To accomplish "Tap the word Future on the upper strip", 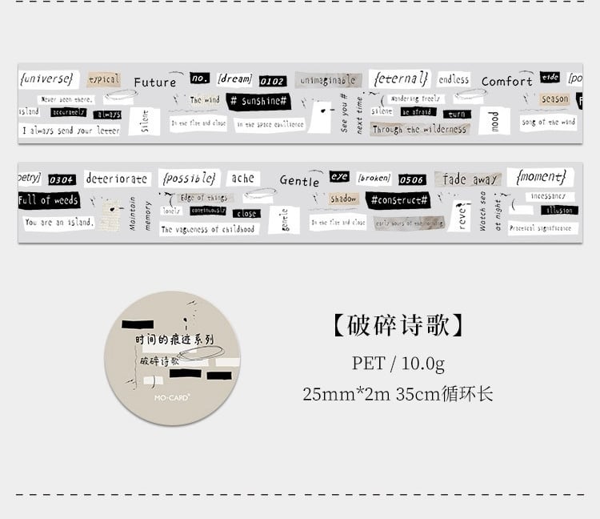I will pos(154,82).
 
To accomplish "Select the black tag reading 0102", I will pos(272,81).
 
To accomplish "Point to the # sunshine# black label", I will pos(258,102).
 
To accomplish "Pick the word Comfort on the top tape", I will pos(506,82).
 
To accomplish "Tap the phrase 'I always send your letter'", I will pos(70,130).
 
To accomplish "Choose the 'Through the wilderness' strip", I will pos(418,129).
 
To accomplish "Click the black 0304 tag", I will pos(62,179).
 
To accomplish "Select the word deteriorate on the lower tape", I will pos(117,179).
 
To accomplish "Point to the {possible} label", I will pos(189,177).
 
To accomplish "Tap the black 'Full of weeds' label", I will pos(49,200).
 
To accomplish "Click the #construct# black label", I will pos(398,199).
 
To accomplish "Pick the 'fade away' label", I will pos(470,179).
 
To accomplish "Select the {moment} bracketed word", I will pos(542,175).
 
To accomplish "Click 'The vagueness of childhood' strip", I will pos(207,229).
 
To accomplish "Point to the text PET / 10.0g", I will pos(398,363).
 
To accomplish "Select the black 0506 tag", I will pos(412,179).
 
